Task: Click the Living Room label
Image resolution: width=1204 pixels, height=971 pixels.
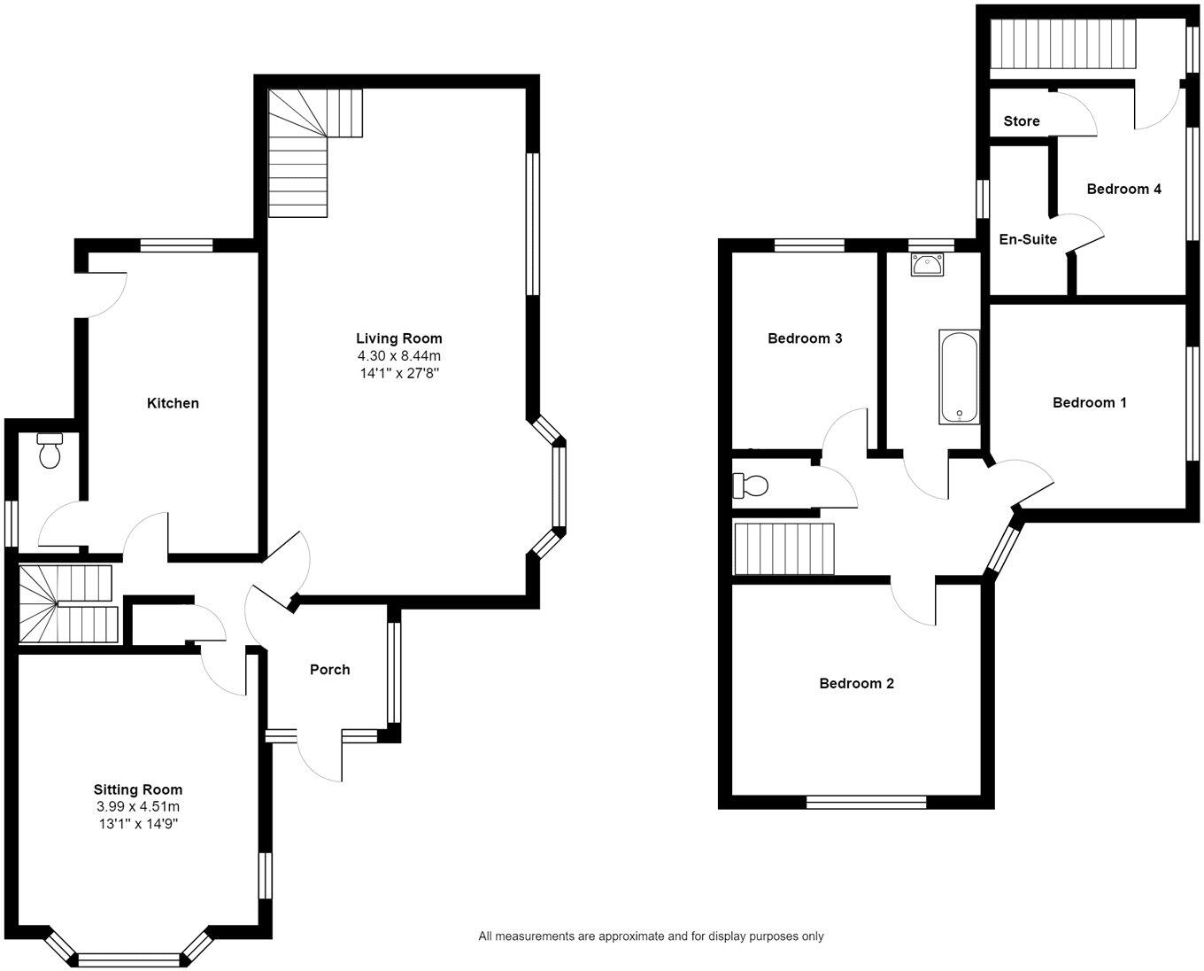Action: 398,338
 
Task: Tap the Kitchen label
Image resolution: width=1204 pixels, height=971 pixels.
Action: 173,403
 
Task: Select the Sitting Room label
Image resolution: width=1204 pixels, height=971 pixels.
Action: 138,789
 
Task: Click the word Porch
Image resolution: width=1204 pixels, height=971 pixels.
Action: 329,670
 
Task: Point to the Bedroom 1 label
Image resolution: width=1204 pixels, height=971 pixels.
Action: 1089,403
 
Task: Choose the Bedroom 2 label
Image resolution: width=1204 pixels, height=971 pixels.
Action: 856,683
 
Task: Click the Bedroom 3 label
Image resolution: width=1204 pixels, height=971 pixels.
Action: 804,338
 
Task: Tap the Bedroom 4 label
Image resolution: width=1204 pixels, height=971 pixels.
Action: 1123,189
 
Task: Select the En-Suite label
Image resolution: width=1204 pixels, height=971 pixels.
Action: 1027,239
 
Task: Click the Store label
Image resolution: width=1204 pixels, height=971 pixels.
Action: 1021,121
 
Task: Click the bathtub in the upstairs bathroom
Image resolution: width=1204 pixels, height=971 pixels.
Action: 959,377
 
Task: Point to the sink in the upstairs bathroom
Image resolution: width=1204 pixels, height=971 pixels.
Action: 927,263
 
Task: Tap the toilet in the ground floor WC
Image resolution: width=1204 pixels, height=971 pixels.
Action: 50,451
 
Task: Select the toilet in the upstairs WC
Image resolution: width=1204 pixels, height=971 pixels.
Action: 751,486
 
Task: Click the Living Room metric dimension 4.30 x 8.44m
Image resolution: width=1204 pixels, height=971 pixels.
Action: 398,356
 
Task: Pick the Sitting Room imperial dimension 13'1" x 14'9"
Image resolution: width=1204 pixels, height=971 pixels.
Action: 138,824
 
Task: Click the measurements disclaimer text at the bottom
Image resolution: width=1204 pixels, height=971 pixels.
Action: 651,936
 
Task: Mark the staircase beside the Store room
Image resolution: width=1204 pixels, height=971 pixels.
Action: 1061,43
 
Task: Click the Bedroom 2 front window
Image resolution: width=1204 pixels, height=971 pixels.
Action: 866,803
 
